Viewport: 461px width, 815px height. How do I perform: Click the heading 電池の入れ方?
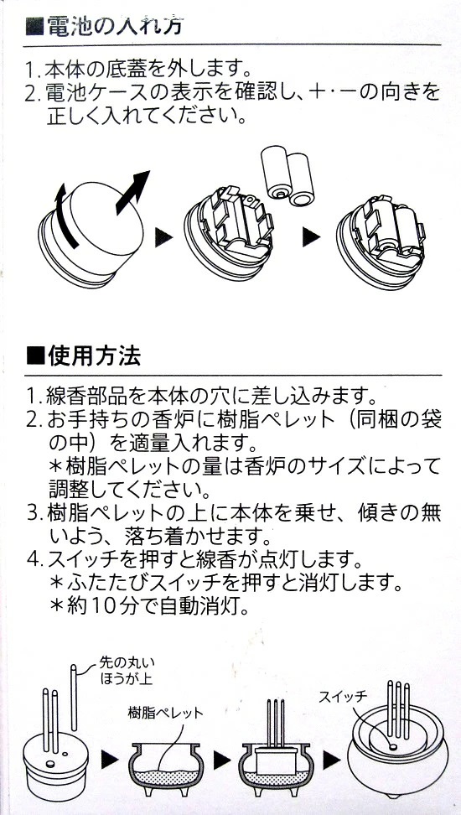[114, 25]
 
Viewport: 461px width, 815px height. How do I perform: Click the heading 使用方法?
[94, 356]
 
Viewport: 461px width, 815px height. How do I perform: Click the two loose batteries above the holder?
[287, 176]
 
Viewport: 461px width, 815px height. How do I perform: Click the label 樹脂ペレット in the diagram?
[165, 713]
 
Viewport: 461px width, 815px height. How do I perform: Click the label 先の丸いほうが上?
[127, 670]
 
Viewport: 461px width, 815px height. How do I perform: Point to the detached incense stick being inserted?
[74, 697]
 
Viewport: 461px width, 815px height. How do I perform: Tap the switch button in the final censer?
[392, 747]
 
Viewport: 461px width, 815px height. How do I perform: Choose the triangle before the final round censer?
[330, 761]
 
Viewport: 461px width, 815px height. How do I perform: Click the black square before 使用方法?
[35, 357]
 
